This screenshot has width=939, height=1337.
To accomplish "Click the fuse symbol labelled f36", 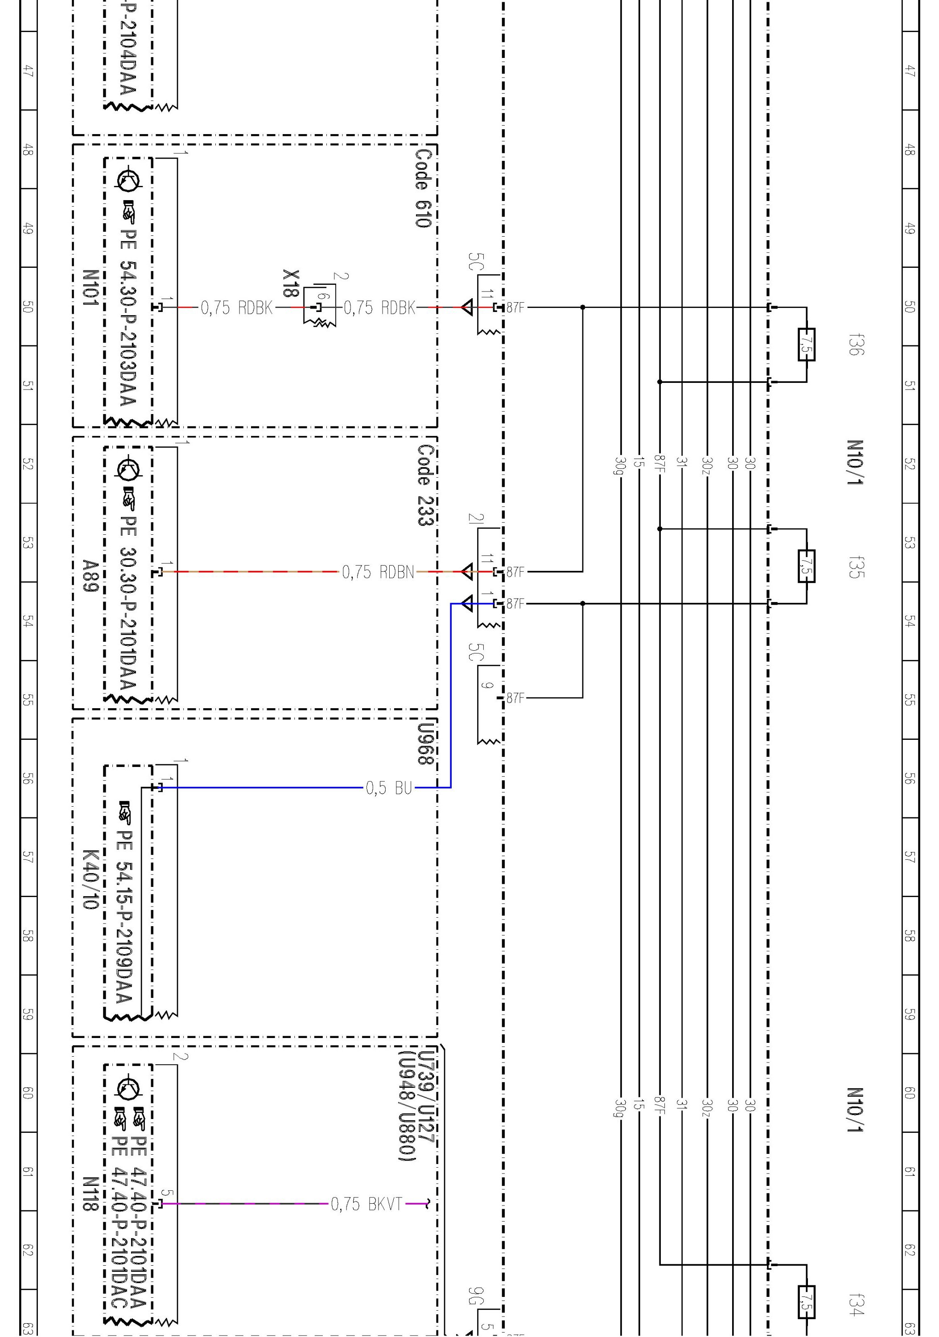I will click(806, 345).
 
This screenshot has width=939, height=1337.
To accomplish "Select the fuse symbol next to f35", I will click(806, 566).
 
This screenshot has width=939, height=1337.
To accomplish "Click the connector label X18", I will click(291, 283).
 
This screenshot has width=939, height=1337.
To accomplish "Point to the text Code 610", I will click(424, 188).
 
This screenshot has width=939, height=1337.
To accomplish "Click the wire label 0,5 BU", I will click(388, 788).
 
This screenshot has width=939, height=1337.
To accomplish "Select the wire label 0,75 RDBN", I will click(378, 572).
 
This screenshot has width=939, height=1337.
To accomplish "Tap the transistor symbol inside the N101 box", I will click(128, 180).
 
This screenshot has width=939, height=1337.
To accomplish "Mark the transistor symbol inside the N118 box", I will click(128, 1088).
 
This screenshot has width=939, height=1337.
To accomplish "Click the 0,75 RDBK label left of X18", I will click(236, 308).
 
